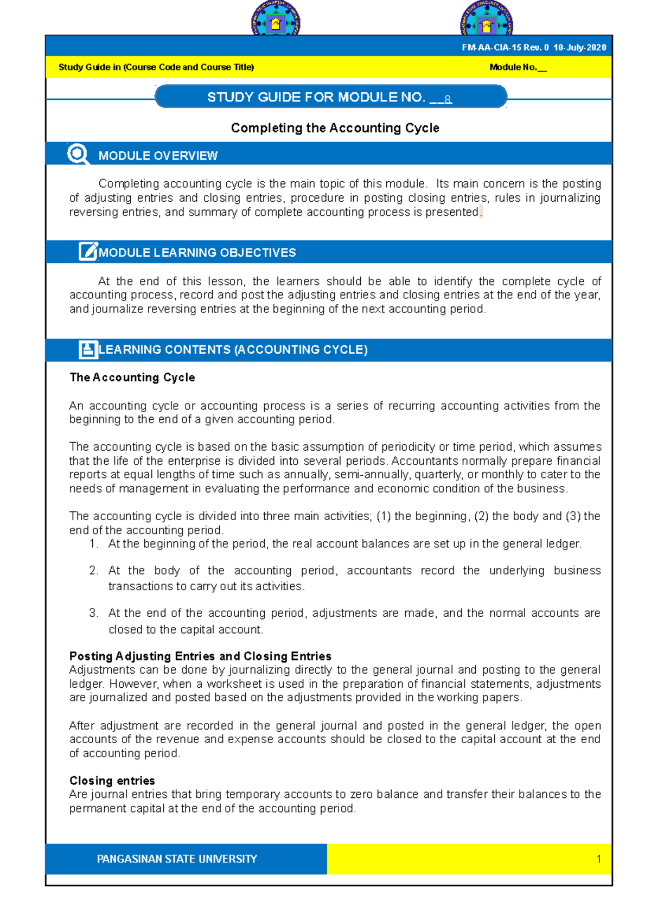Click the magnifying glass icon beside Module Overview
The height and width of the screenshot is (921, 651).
tap(78, 154)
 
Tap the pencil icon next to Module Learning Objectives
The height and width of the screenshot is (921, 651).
tap(88, 252)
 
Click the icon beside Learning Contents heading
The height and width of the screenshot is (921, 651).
tap(88, 349)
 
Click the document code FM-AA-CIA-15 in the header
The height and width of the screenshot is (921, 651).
tap(492, 48)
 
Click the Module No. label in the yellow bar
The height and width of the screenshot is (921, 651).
tap(518, 67)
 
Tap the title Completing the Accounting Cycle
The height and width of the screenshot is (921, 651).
tap(335, 128)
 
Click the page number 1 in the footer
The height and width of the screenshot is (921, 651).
tap(598, 859)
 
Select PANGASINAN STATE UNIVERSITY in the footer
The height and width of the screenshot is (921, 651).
tap(177, 859)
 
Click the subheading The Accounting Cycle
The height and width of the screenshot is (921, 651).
tap(132, 378)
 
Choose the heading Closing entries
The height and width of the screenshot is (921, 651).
tap(112, 781)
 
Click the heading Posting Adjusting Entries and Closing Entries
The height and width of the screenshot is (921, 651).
tap(200, 656)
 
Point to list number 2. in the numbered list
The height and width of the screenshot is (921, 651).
tap(94, 571)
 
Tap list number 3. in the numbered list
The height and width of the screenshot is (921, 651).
tap(94, 613)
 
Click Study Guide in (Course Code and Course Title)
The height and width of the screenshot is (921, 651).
tap(156, 67)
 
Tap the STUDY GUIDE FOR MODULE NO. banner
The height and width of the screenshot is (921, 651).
tap(330, 97)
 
